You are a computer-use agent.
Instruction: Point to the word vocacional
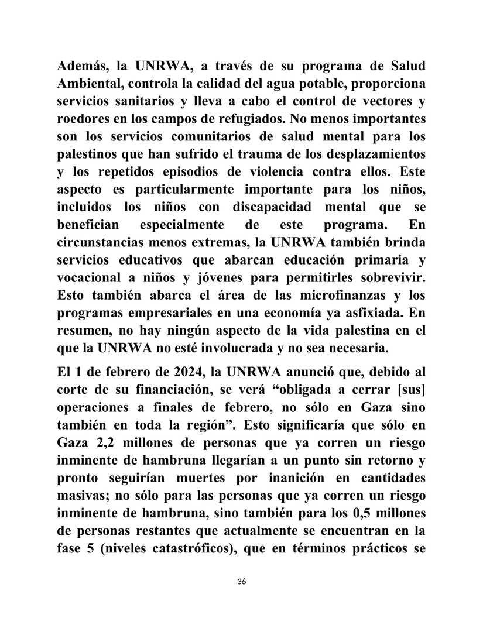point(88,279)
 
